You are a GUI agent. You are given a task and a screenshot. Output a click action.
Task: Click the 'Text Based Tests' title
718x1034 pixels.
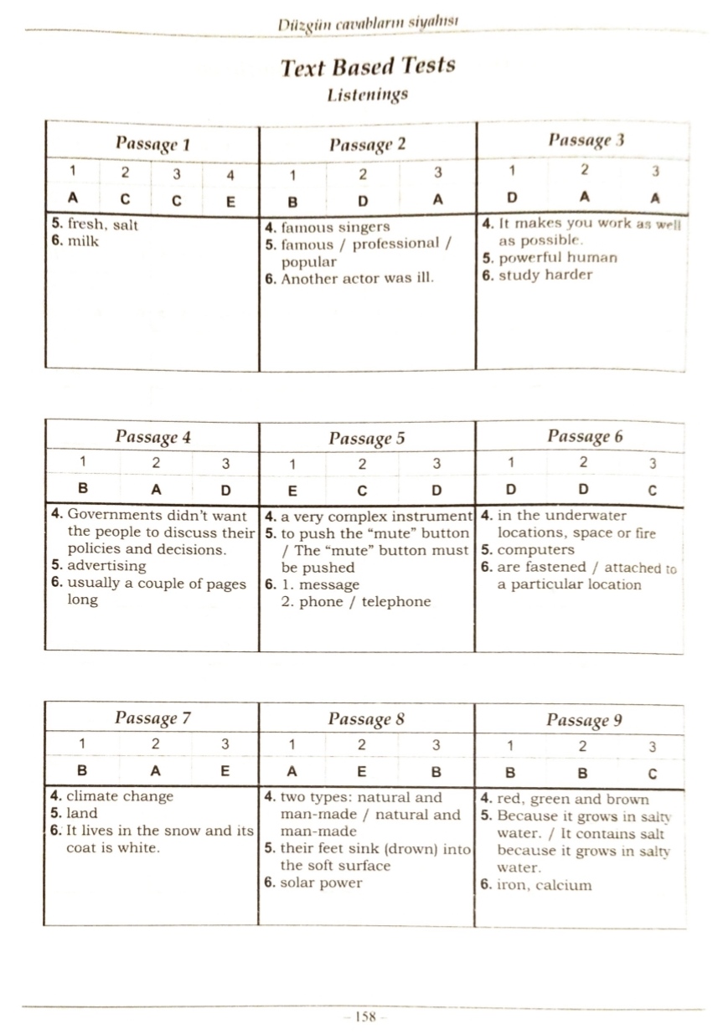pos(368,66)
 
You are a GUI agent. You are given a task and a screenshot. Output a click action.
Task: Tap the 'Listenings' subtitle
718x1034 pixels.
pos(368,95)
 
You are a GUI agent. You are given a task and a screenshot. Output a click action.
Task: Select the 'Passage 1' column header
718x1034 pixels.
pos(153,143)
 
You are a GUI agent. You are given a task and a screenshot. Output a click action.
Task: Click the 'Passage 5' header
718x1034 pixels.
pos(367,438)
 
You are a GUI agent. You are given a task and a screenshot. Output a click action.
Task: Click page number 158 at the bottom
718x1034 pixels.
pos(364,1016)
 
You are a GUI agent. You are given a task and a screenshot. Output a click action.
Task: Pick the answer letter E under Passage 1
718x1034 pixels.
pos(230,201)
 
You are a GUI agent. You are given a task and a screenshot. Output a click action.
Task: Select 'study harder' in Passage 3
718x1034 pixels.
pos(545,275)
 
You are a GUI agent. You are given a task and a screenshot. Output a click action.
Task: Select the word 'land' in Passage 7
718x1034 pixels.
pos(81,813)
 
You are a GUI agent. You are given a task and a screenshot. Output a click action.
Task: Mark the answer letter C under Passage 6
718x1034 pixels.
pos(652,490)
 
